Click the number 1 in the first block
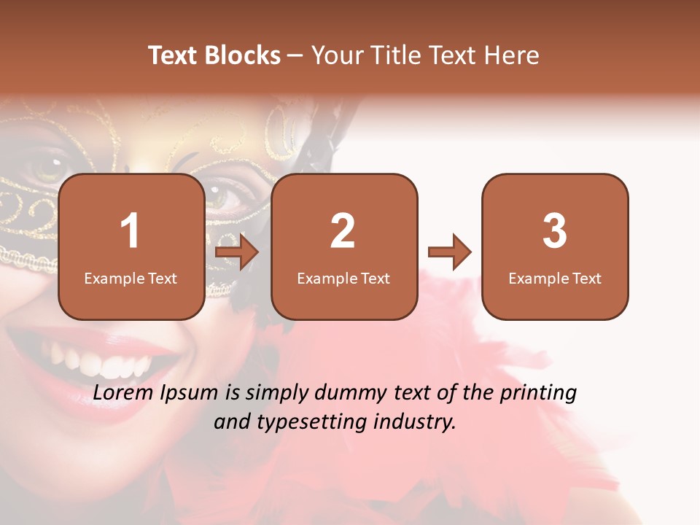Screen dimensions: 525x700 (x=131, y=231)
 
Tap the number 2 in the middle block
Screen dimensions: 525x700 (x=343, y=231)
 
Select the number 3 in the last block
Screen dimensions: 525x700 (x=555, y=231)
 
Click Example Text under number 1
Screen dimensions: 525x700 (x=131, y=278)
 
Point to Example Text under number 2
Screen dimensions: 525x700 (x=343, y=278)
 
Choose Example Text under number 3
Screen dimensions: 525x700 (x=555, y=278)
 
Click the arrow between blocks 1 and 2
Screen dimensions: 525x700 (x=238, y=253)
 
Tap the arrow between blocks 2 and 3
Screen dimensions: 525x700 (x=450, y=252)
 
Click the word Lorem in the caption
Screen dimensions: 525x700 (x=125, y=393)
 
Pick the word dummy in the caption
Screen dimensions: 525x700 (x=351, y=393)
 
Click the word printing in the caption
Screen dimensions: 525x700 (x=538, y=394)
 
